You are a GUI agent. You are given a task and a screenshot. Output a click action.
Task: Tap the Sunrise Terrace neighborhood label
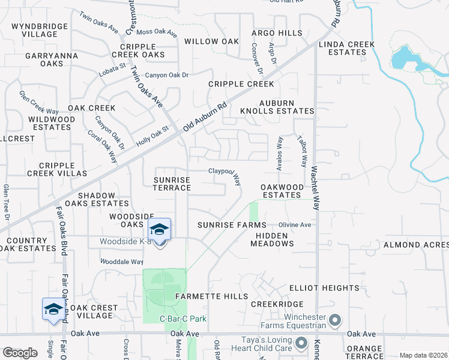(x=172, y=184)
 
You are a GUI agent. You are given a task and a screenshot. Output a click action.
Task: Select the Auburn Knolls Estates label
(x=277, y=107)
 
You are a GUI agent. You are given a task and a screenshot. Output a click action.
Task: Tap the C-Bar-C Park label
(x=182, y=319)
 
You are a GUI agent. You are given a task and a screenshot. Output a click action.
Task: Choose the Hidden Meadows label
(x=274, y=239)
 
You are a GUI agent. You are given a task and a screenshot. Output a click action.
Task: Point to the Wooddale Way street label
(x=121, y=262)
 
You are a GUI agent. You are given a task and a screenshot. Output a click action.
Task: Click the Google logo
(x=20, y=353)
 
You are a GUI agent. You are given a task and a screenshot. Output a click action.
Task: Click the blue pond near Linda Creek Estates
(x=401, y=58)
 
